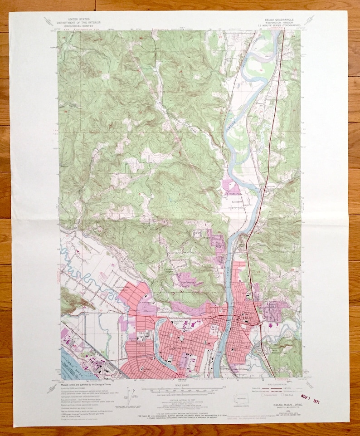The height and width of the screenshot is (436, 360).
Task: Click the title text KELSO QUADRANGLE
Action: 281,20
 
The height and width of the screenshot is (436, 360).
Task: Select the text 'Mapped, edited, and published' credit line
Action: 87,382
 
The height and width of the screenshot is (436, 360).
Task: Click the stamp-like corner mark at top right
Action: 310,20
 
